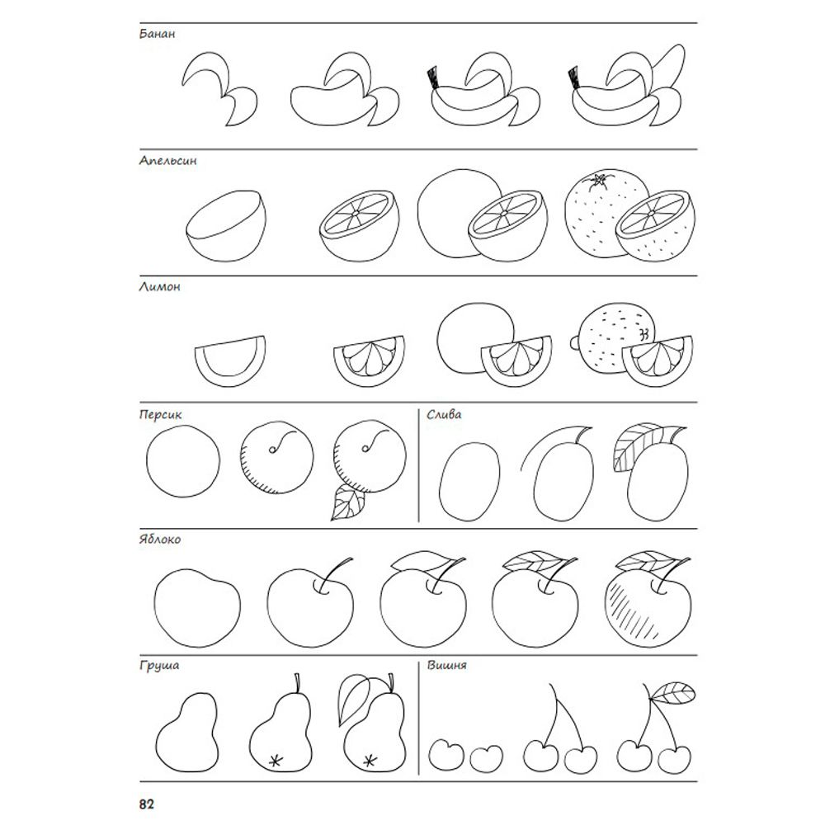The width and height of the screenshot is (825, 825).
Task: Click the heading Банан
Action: [157, 34]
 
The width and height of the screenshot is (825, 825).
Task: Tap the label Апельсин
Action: [167, 161]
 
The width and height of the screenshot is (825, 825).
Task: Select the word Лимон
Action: [159, 287]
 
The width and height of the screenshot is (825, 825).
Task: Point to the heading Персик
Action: [161, 415]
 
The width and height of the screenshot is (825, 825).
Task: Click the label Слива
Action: [444, 415]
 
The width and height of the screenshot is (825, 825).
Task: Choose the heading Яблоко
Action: [160, 540]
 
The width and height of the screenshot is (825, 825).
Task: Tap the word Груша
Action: [159, 666]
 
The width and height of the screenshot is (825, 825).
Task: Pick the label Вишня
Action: [446, 665]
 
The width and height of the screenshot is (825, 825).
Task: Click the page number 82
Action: [147, 804]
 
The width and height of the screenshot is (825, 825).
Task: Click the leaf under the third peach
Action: [347, 502]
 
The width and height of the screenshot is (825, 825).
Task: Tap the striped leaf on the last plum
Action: [635, 445]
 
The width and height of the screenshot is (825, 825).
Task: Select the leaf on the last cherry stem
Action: [673, 692]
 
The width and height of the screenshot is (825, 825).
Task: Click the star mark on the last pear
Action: [370, 760]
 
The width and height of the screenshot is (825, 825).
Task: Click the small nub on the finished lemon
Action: [574, 342]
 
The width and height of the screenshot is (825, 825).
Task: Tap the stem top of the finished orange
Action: [599, 180]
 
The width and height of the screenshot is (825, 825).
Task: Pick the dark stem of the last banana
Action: [573, 77]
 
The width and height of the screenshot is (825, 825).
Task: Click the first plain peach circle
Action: [183, 461]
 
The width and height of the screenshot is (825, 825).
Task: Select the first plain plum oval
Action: [470, 482]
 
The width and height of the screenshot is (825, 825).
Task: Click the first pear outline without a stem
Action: [187, 732]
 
